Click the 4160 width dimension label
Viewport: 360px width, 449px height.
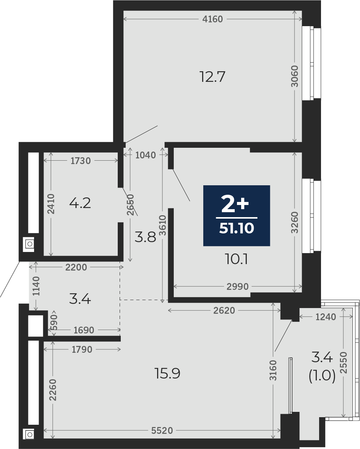click(x=212, y=19)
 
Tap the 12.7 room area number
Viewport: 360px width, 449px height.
click(x=212, y=77)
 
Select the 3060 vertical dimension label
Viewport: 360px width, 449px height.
click(x=295, y=77)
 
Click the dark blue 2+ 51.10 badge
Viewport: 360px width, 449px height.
click(x=237, y=216)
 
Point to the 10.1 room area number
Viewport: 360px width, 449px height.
click(x=236, y=260)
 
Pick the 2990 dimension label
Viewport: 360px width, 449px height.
click(x=237, y=286)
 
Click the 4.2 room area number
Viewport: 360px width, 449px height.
click(x=80, y=203)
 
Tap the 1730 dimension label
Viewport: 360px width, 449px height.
click(x=81, y=161)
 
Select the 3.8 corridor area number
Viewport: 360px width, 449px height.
click(x=145, y=237)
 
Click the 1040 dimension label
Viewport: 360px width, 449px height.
click(x=146, y=155)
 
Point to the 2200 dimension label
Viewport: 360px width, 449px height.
click(x=76, y=267)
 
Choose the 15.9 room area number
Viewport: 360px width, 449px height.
click(x=167, y=373)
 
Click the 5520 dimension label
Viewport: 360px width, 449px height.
click(x=162, y=430)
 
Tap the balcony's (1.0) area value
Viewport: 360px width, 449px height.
click(x=322, y=376)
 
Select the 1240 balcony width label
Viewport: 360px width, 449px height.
click(x=326, y=317)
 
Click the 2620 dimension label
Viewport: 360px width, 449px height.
click(x=224, y=310)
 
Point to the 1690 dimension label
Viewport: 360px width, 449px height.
click(x=84, y=330)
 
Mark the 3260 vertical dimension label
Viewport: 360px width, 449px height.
click(x=295, y=222)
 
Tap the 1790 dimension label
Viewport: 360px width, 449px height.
click(x=82, y=349)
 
